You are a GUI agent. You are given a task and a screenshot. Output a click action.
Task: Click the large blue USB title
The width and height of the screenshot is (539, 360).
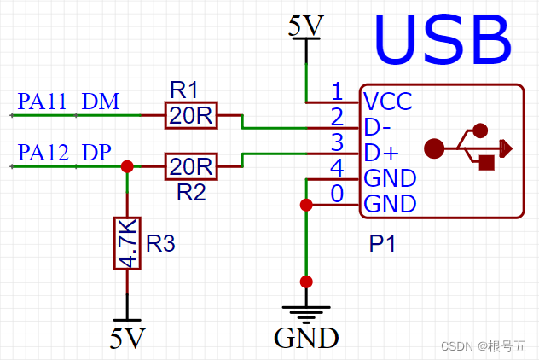pos(443,39)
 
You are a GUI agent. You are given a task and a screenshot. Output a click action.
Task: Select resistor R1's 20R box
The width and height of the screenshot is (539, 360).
pos(191,115)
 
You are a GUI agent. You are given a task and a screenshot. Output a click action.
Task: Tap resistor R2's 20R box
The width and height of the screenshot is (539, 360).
pos(191,166)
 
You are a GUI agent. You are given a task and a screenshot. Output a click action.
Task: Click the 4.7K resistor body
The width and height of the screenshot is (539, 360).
pos(127,243)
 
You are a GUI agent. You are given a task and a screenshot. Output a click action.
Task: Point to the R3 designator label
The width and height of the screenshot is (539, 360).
pos(160,243)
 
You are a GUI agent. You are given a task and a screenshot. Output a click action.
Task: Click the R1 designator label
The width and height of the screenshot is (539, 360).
pos(184,90)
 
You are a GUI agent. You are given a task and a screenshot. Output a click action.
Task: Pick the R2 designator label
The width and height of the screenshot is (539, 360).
pos(191,192)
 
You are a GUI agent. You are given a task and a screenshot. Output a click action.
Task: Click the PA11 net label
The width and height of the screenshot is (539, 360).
pos(42,102)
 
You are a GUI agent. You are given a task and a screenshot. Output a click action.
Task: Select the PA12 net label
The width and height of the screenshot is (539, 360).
pos(43,153)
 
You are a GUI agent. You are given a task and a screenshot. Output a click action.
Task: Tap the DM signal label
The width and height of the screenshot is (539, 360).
pos(101,102)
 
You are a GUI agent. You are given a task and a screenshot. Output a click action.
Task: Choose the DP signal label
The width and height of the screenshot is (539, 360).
pos(96,153)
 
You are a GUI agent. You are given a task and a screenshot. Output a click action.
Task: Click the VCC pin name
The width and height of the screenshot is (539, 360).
pos(388,102)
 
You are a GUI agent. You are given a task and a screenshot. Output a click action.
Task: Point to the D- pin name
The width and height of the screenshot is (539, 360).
pos(377,127)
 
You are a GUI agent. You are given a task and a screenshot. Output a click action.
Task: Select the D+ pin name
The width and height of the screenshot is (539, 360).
pos(381,153)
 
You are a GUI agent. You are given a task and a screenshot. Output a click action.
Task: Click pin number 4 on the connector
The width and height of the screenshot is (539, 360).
pos(337,168)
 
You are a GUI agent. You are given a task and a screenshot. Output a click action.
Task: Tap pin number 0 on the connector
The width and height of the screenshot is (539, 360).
pos(337,194)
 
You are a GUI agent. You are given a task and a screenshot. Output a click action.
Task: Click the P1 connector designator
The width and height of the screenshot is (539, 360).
pos(382,243)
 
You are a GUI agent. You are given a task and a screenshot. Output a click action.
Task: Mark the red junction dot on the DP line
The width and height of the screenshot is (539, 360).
pos(127,166)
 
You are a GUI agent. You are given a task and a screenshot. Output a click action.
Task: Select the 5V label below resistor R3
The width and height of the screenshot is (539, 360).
pos(128,339)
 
